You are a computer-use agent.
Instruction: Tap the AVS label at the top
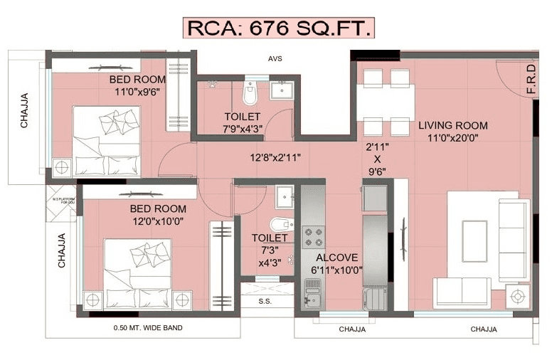point(275,59)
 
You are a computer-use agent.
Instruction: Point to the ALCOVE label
point(337,258)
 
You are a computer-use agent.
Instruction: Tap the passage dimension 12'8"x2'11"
point(277,157)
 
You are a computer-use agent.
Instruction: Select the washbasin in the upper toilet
point(281,90)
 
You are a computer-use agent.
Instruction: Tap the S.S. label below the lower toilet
point(264,301)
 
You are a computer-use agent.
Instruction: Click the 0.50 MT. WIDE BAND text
point(148,328)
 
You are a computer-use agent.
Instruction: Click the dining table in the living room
point(384,101)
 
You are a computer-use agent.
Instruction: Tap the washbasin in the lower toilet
point(285,194)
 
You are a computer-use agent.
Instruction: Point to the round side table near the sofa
point(517,295)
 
